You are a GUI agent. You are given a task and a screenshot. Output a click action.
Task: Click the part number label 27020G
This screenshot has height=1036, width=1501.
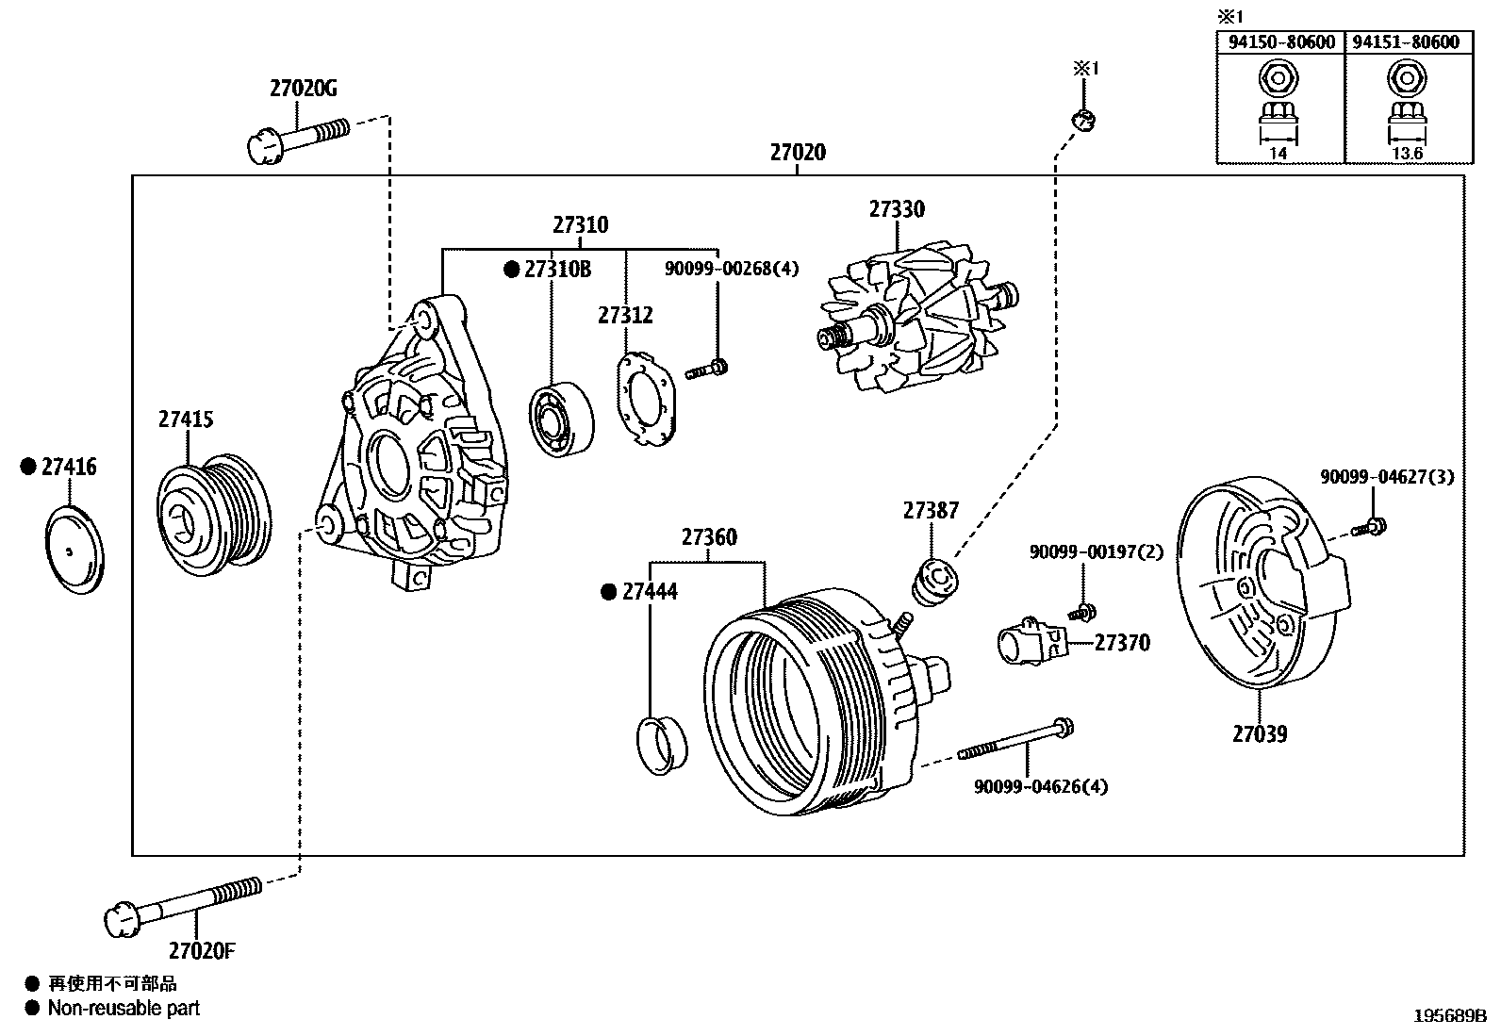pos(303,89)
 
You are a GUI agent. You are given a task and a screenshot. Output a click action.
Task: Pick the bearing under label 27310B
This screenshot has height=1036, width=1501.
pos(562,420)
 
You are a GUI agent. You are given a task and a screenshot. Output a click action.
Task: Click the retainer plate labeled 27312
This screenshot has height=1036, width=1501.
pos(646,398)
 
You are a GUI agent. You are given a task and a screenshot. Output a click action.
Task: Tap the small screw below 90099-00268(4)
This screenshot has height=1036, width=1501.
pos(708,370)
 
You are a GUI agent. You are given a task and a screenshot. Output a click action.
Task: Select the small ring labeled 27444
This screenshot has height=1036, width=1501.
pos(663,745)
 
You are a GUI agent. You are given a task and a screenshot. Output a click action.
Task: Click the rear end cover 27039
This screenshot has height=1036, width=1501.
pos(1259,589)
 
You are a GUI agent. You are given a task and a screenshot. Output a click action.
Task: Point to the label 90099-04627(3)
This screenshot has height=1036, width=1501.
pos(1386,478)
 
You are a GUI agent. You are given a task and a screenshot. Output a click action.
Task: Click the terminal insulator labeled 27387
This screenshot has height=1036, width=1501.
pos(933,584)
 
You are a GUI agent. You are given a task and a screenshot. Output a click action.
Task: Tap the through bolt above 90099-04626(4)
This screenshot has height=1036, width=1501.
pos(1018,739)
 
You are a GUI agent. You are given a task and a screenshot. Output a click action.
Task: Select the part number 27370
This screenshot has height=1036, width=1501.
pos(1122,643)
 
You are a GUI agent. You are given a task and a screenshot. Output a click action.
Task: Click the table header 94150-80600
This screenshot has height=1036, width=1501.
pos(1279,42)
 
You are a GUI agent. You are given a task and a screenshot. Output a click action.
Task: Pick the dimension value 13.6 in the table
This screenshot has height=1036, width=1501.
pos(1407,153)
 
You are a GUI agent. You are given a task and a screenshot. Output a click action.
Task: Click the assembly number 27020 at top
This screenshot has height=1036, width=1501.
pos(797,153)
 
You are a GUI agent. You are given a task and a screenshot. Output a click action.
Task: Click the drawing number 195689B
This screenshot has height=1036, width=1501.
pos(1448,1016)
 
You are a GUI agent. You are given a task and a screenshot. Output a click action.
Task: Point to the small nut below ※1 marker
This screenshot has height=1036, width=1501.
pos(1084,120)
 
